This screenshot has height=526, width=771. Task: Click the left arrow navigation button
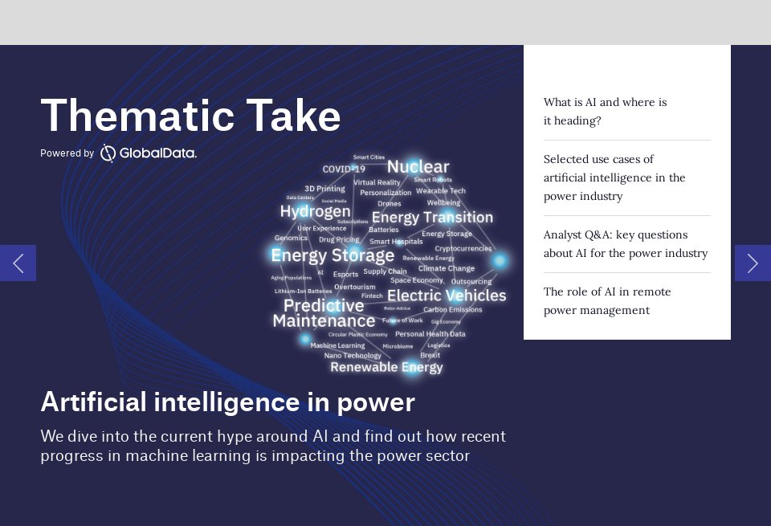click(18, 263)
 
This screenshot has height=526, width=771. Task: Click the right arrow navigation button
click(753, 263)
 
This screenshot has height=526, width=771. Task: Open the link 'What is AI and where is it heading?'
click(605, 112)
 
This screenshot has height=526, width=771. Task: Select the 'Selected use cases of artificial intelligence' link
click(614, 177)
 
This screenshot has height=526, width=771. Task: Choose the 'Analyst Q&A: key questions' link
click(625, 244)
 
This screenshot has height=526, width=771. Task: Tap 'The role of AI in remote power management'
click(607, 301)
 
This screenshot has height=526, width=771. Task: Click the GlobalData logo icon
click(108, 153)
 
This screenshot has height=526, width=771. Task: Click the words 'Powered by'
click(67, 153)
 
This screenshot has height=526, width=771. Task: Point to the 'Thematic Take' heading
click(190, 116)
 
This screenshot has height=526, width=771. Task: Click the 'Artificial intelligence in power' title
click(227, 402)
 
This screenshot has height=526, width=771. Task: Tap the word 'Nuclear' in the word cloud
click(418, 167)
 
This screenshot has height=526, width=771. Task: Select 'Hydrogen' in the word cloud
click(315, 211)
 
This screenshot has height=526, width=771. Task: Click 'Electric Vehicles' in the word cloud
click(447, 296)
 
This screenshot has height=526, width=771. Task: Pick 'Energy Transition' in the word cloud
click(432, 218)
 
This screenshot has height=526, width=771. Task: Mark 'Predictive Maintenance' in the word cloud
click(324, 313)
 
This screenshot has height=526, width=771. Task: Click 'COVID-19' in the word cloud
click(344, 169)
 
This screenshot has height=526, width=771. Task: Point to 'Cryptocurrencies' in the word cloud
click(463, 249)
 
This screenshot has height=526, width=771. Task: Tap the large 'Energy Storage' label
click(332, 255)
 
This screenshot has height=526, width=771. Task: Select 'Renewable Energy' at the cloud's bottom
click(386, 367)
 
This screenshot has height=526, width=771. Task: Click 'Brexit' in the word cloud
click(430, 355)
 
